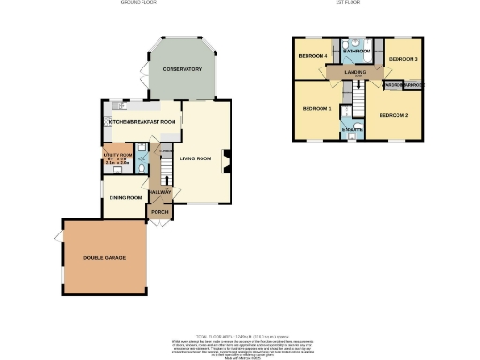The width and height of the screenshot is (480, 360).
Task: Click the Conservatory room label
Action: [182, 70]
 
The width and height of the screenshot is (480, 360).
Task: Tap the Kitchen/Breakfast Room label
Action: [142, 122]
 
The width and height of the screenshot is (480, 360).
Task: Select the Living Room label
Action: [196, 158]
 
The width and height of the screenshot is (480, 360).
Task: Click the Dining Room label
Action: [125, 198]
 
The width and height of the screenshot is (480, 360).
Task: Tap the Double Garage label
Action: [104, 258]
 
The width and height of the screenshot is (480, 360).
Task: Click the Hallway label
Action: [160, 192]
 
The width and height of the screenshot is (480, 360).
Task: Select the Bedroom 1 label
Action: [317, 109]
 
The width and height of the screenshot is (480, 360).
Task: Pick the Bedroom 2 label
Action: [393, 115]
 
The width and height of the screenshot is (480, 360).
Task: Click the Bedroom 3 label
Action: [403, 59]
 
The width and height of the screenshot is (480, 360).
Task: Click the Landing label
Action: [355, 72]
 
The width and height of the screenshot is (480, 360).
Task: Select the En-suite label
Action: [352, 128]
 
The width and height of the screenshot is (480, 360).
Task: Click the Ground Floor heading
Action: [137, 4]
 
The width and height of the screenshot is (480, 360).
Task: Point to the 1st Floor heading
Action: [349, 4]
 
